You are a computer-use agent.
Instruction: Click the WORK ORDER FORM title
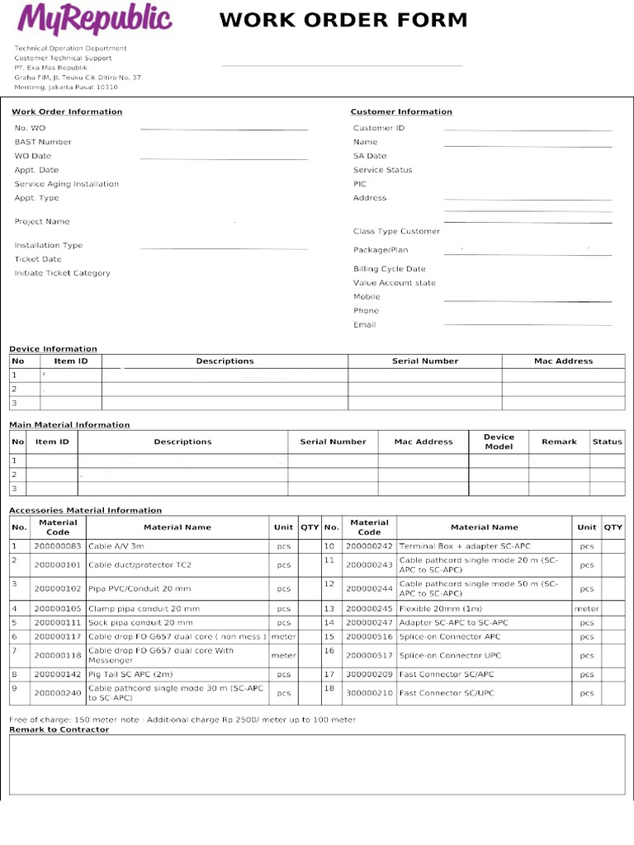tap(343, 21)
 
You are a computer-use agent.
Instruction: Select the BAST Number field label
tap(43, 142)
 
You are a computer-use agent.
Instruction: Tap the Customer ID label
tap(379, 128)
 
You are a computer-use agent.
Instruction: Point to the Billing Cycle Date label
tap(390, 269)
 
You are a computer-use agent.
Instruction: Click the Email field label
tap(364, 325)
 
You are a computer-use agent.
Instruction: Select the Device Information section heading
tap(53, 349)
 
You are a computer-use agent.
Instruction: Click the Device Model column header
tap(499, 441)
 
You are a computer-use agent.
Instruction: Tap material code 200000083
tap(58, 546)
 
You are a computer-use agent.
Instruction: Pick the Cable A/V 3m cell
tap(116, 546)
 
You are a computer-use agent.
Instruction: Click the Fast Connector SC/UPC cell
tap(447, 693)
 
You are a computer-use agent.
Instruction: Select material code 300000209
tap(369, 674)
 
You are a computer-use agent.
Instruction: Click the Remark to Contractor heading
tap(59, 729)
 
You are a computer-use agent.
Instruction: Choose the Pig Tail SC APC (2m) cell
tap(130, 674)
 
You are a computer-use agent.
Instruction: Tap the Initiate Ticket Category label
tap(62, 273)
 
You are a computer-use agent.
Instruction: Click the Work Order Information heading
tap(67, 111)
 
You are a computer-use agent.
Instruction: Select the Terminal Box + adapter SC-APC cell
tap(465, 546)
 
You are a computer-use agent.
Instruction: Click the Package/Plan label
tap(381, 250)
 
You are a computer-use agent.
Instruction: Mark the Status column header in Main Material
tap(607, 441)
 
